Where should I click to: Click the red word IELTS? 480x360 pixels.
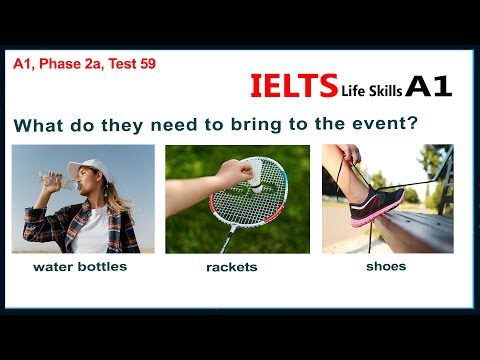pyautogui.click(x=293, y=87)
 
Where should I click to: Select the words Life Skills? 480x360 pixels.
pyautogui.click(x=372, y=90)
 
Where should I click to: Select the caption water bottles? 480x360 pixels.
pyautogui.click(x=80, y=267)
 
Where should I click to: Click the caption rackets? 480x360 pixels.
pyautogui.click(x=231, y=267)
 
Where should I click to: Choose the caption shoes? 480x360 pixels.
pyautogui.click(x=386, y=266)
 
